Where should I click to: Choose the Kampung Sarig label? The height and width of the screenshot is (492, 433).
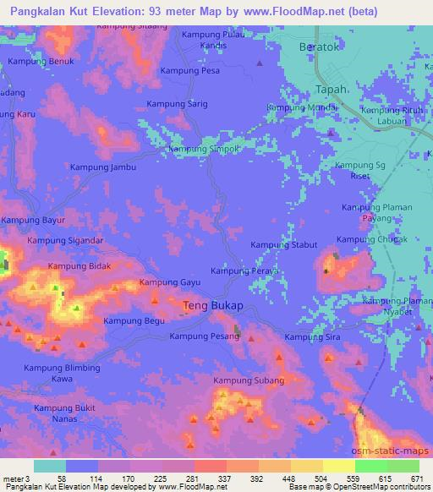pos(177,103)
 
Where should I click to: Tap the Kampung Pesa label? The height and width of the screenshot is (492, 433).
pos(190,71)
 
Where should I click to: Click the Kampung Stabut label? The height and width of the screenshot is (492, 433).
pos(283,245)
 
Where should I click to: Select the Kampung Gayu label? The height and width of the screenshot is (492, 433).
pos(168,282)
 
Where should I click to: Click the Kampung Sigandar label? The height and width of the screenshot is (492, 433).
pos(64,241)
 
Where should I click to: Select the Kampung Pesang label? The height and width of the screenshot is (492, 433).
pos(204,336)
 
